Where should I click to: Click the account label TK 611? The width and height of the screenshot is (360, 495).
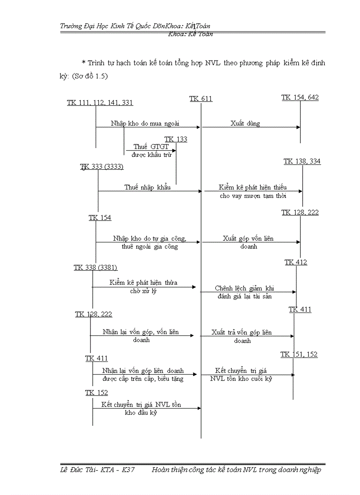[201, 99]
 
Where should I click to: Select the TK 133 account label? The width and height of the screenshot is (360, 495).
[176, 139]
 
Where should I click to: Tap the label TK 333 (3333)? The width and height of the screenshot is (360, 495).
[102, 167]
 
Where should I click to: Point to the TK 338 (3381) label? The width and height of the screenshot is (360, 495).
[95, 268]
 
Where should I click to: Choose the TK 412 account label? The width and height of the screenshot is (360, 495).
[296, 262]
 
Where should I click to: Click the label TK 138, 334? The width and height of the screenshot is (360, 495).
[302, 162]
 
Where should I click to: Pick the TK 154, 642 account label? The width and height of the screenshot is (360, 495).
[300, 97]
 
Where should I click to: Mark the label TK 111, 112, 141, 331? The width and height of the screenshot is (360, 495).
[100, 103]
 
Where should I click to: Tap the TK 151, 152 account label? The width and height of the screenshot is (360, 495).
[299, 354]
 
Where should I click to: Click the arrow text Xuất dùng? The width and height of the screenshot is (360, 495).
[245, 123]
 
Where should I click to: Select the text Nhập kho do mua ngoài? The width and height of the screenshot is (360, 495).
[145, 123]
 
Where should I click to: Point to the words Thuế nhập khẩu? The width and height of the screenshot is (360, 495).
[147, 187]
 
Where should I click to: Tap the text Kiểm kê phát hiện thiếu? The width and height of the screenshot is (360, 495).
[253, 188]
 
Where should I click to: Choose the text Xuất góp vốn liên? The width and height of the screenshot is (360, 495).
[248, 238]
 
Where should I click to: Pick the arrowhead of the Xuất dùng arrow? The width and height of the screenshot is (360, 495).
[299, 127]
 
